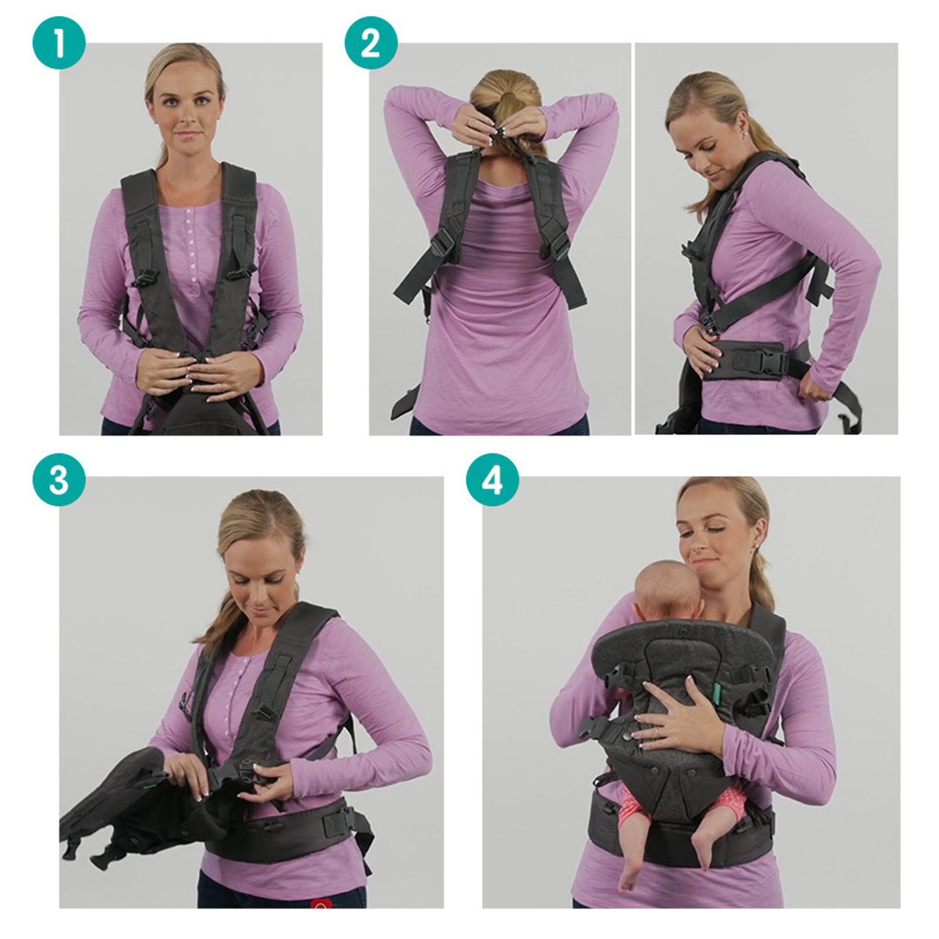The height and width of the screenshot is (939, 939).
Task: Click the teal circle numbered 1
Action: coord(59,43)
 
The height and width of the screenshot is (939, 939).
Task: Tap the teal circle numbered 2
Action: coord(371,43)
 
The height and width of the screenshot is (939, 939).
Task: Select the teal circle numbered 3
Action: coord(59,479)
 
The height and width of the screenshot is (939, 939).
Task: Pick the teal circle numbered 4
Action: coord(492,479)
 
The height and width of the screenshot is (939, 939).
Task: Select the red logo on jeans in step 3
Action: coord(321,903)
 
